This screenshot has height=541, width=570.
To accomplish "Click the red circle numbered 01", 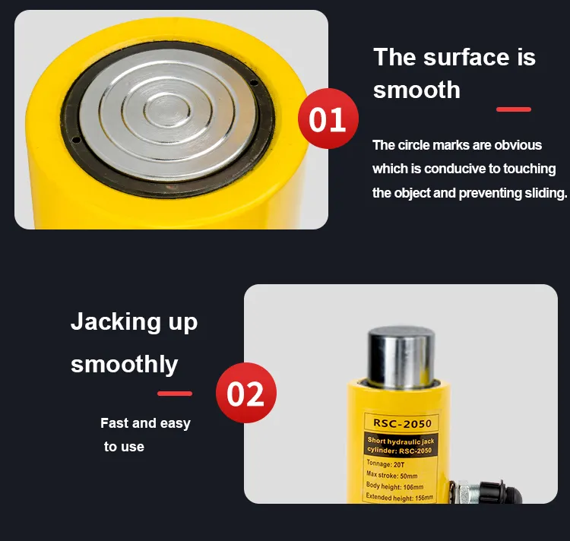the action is (x=328, y=119).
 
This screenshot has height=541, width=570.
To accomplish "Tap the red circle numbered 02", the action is (x=246, y=393).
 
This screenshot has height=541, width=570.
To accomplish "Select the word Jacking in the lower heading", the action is (x=116, y=322).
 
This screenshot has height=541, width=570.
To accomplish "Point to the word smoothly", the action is (x=125, y=364).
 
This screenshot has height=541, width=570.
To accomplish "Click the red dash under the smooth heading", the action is (x=514, y=109).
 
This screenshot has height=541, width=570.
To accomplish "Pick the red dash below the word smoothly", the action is (x=175, y=394).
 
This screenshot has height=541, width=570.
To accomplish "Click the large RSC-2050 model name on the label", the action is (x=402, y=423).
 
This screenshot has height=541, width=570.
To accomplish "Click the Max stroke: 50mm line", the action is (x=392, y=474).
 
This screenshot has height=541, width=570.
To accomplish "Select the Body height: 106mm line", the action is (x=394, y=486).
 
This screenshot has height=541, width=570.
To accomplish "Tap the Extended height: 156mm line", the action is (x=399, y=497).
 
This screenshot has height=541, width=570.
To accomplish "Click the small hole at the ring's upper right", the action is (x=255, y=84).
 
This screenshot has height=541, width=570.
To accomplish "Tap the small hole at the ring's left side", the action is (x=75, y=140).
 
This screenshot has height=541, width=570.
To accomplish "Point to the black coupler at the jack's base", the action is (x=499, y=492).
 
